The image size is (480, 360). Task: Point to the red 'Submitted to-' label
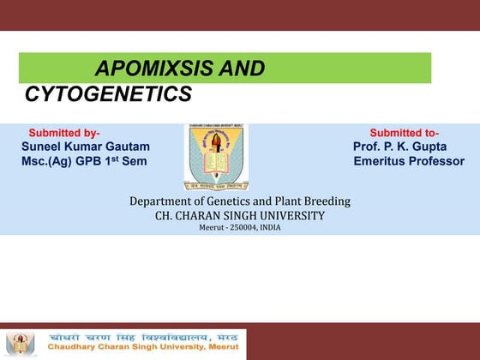tap(404, 133)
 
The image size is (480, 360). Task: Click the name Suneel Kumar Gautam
tap(85, 147)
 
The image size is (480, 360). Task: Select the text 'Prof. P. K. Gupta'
tap(399, 147)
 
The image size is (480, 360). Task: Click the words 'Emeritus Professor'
tap(408, 161)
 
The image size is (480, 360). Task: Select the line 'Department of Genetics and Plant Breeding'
tap(240, 201)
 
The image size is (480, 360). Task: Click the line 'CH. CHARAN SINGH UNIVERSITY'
tap(240, 215)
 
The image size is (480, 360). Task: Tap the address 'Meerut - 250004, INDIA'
tap(239, 228)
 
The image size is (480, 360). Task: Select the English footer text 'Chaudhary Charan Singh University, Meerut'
tap(141, 349)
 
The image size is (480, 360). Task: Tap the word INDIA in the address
tap(270, 228)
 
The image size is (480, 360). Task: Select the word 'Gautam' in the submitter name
tap(129, 147)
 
